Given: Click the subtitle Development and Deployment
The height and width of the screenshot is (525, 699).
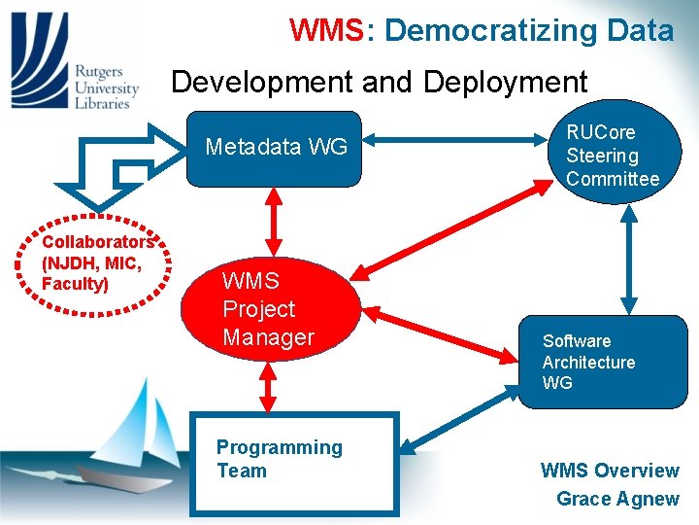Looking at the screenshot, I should (380, 82).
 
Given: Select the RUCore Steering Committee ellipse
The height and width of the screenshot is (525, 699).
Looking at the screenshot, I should (613, 156).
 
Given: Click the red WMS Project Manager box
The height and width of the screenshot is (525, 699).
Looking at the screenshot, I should (269, 308).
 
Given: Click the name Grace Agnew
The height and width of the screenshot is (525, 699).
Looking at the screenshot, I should (616, 499).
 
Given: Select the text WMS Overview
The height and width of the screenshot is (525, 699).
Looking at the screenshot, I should (609, 471).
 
